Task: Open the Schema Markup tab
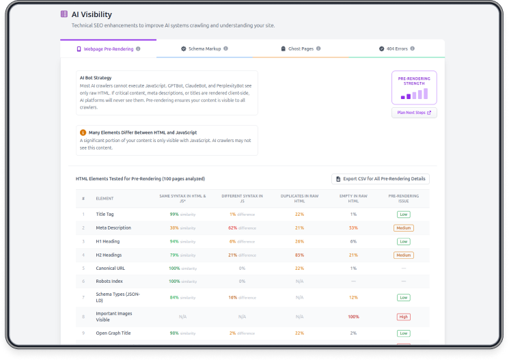(204, 49)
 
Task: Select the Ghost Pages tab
(301, 49)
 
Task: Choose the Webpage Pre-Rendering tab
(108, 49)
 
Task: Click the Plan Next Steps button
(414, 113)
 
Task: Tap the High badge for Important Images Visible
(403, 317)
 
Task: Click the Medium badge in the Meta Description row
(403, 228)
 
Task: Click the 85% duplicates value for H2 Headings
(299, 255)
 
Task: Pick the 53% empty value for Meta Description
(353, 228)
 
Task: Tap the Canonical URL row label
(110, 268)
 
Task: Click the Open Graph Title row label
(113, 333)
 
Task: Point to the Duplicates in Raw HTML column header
(299, 199)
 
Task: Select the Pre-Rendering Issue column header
(403, 199)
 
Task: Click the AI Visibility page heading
(92, 14)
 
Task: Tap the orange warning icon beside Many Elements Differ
(83, 132)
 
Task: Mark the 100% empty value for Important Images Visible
(353, 317)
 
